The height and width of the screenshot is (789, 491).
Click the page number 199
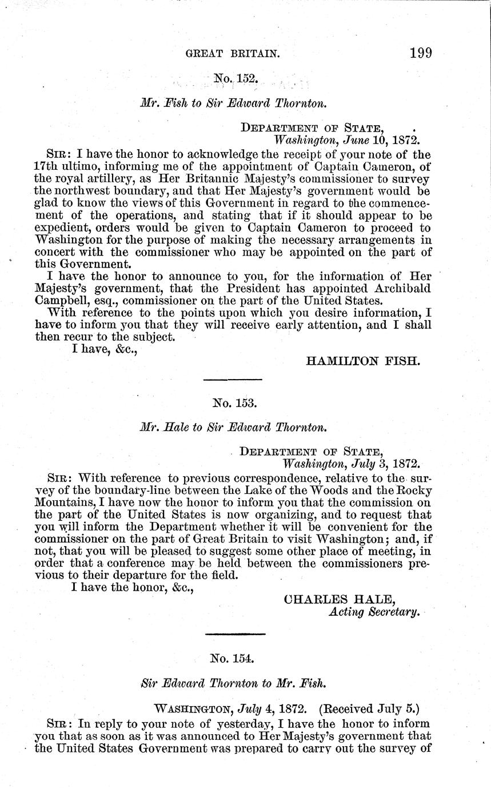[x=420, y=53]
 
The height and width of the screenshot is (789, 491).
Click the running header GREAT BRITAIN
[x=233, y=54]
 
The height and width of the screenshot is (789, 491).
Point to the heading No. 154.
[x=232, y=659]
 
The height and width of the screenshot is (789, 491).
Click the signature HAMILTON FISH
[x=364, y=361]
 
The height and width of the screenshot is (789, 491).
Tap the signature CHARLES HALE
[x=340, y=599]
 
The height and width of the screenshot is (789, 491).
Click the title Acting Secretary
[x=374, y=612]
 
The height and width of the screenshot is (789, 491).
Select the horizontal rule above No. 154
[x=235, y=633]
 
